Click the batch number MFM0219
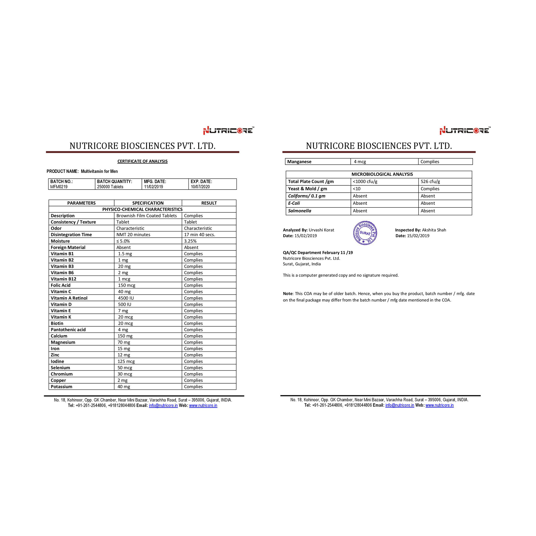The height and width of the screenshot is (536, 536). [x=59, y=187]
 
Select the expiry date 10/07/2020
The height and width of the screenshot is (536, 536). [x=200, y=187]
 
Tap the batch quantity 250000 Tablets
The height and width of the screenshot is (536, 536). [x=110, y=187]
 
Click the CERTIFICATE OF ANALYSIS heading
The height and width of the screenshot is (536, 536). [x=142, y=161]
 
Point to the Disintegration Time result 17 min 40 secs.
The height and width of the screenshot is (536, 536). [x=199, y=234]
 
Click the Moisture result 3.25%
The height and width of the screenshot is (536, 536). [x=190, y=241]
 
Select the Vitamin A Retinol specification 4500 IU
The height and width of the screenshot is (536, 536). [x=126, y=298]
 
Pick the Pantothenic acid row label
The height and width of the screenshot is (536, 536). [x=68, y=329]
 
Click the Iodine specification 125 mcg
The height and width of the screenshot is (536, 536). [x=126, y=361]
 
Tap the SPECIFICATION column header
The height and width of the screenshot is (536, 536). [x=148, y=203]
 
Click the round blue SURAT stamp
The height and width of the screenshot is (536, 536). [x=365, y=233]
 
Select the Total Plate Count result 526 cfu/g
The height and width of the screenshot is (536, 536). [x=430, y=181]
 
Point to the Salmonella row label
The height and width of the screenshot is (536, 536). [x=299, y=211]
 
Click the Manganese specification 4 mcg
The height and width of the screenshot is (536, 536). [x=360, y=162]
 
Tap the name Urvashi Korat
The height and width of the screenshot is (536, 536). [x=321, y=230]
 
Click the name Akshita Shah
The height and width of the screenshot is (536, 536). [x=434, y=230]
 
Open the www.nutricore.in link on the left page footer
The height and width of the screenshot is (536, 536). [x=203, y=405]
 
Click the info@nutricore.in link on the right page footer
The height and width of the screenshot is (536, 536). [x=399, y=405]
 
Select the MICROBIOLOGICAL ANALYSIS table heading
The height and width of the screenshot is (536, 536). [x=382, y=174]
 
